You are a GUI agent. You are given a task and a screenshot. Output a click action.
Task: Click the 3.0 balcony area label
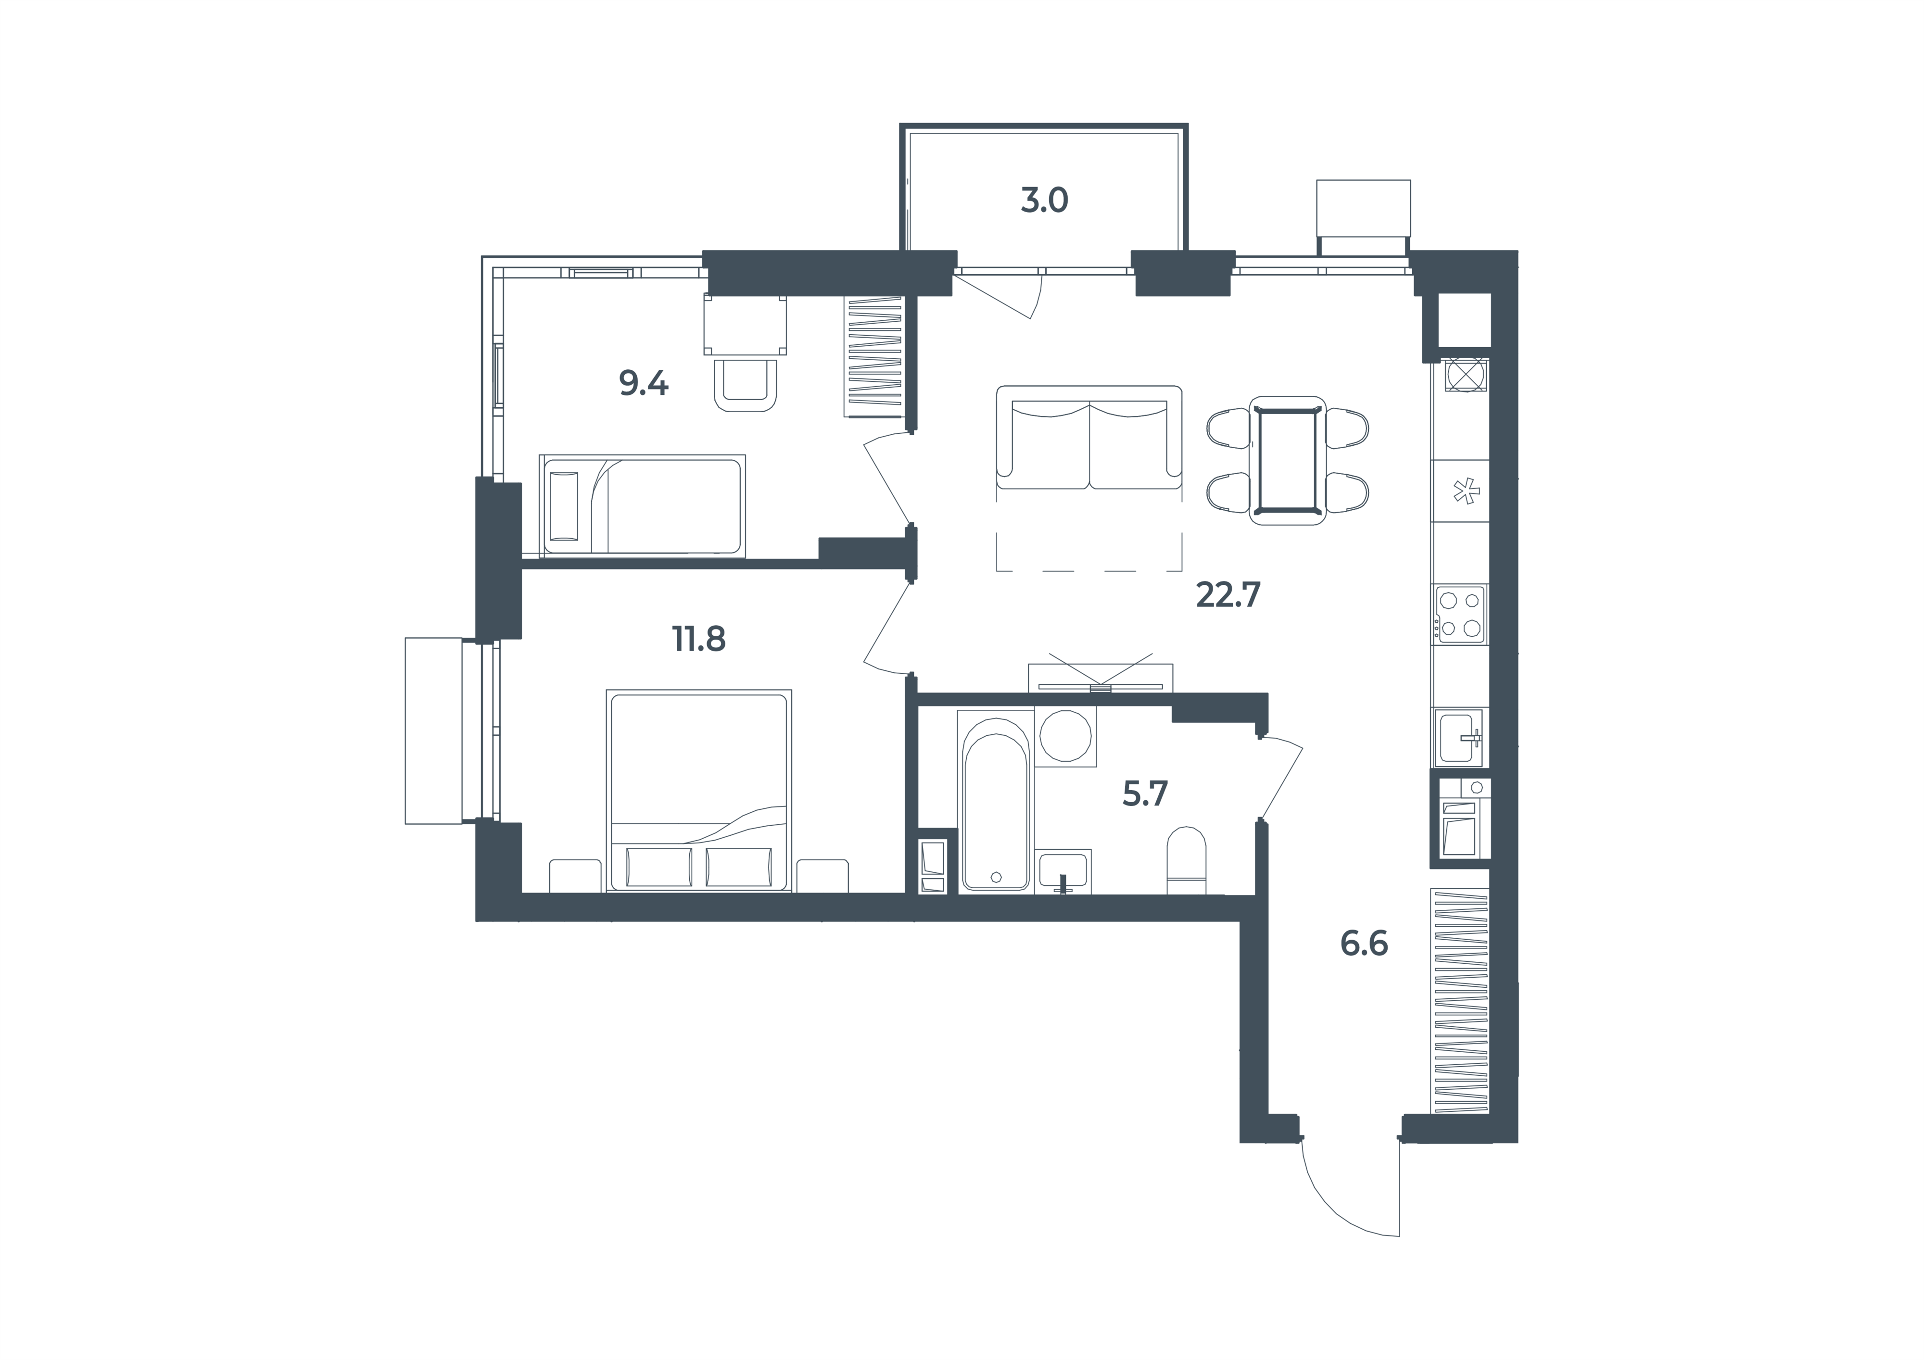pyautogui.click(x=1044, y=201)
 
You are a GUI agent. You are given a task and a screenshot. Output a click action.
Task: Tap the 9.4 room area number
pyautogui.click(x=644, y=384)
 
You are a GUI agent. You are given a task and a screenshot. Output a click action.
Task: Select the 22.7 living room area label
pyautogui.click(x=1228, y=595)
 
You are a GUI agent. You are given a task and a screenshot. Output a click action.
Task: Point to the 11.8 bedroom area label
pyautogui.click(x=699, y=639)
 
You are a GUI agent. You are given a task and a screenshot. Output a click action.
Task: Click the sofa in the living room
pyautogui.click(x=1089, y=438)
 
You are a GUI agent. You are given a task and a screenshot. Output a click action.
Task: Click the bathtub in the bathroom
pyautogui.click(x=996, y=802)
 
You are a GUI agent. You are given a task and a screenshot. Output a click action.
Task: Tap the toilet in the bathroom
pyautogui.click(x=1186, y=860)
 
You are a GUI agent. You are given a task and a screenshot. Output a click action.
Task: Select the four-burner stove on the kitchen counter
pyautogui.click(x=1460, y=614)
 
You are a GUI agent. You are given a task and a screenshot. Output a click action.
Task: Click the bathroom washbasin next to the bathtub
pyautogui.click(x=1063, y=871)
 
